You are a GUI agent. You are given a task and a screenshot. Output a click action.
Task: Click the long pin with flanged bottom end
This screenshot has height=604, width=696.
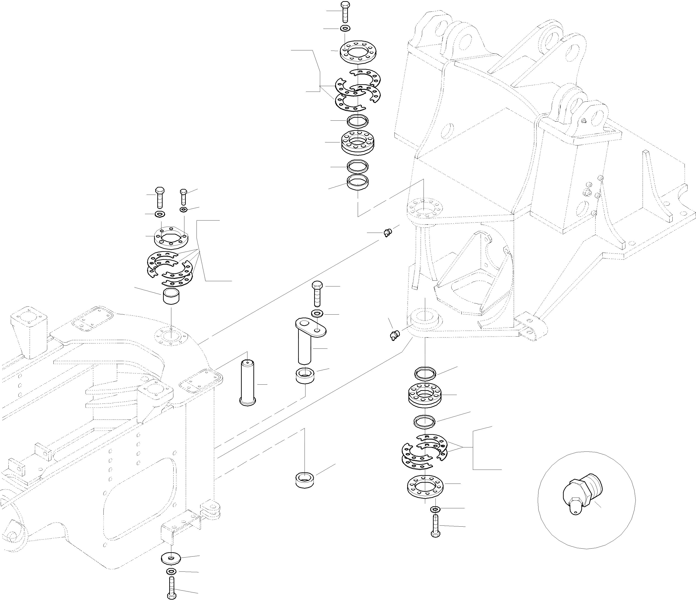[247, 383]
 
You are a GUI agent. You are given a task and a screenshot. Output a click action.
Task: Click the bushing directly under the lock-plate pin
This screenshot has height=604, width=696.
[305, 375]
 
